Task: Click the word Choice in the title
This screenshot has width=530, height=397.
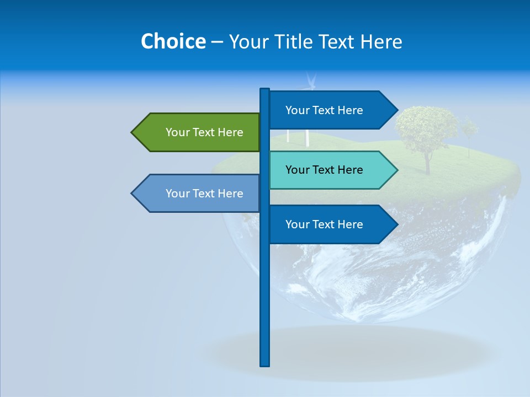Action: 173,41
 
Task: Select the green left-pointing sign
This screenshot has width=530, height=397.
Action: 199,132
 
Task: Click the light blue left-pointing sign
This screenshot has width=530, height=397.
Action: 199,194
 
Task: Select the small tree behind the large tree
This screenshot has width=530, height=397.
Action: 469,130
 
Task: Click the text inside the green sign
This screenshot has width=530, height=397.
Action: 204,132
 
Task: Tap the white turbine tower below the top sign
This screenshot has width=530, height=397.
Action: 306,138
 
